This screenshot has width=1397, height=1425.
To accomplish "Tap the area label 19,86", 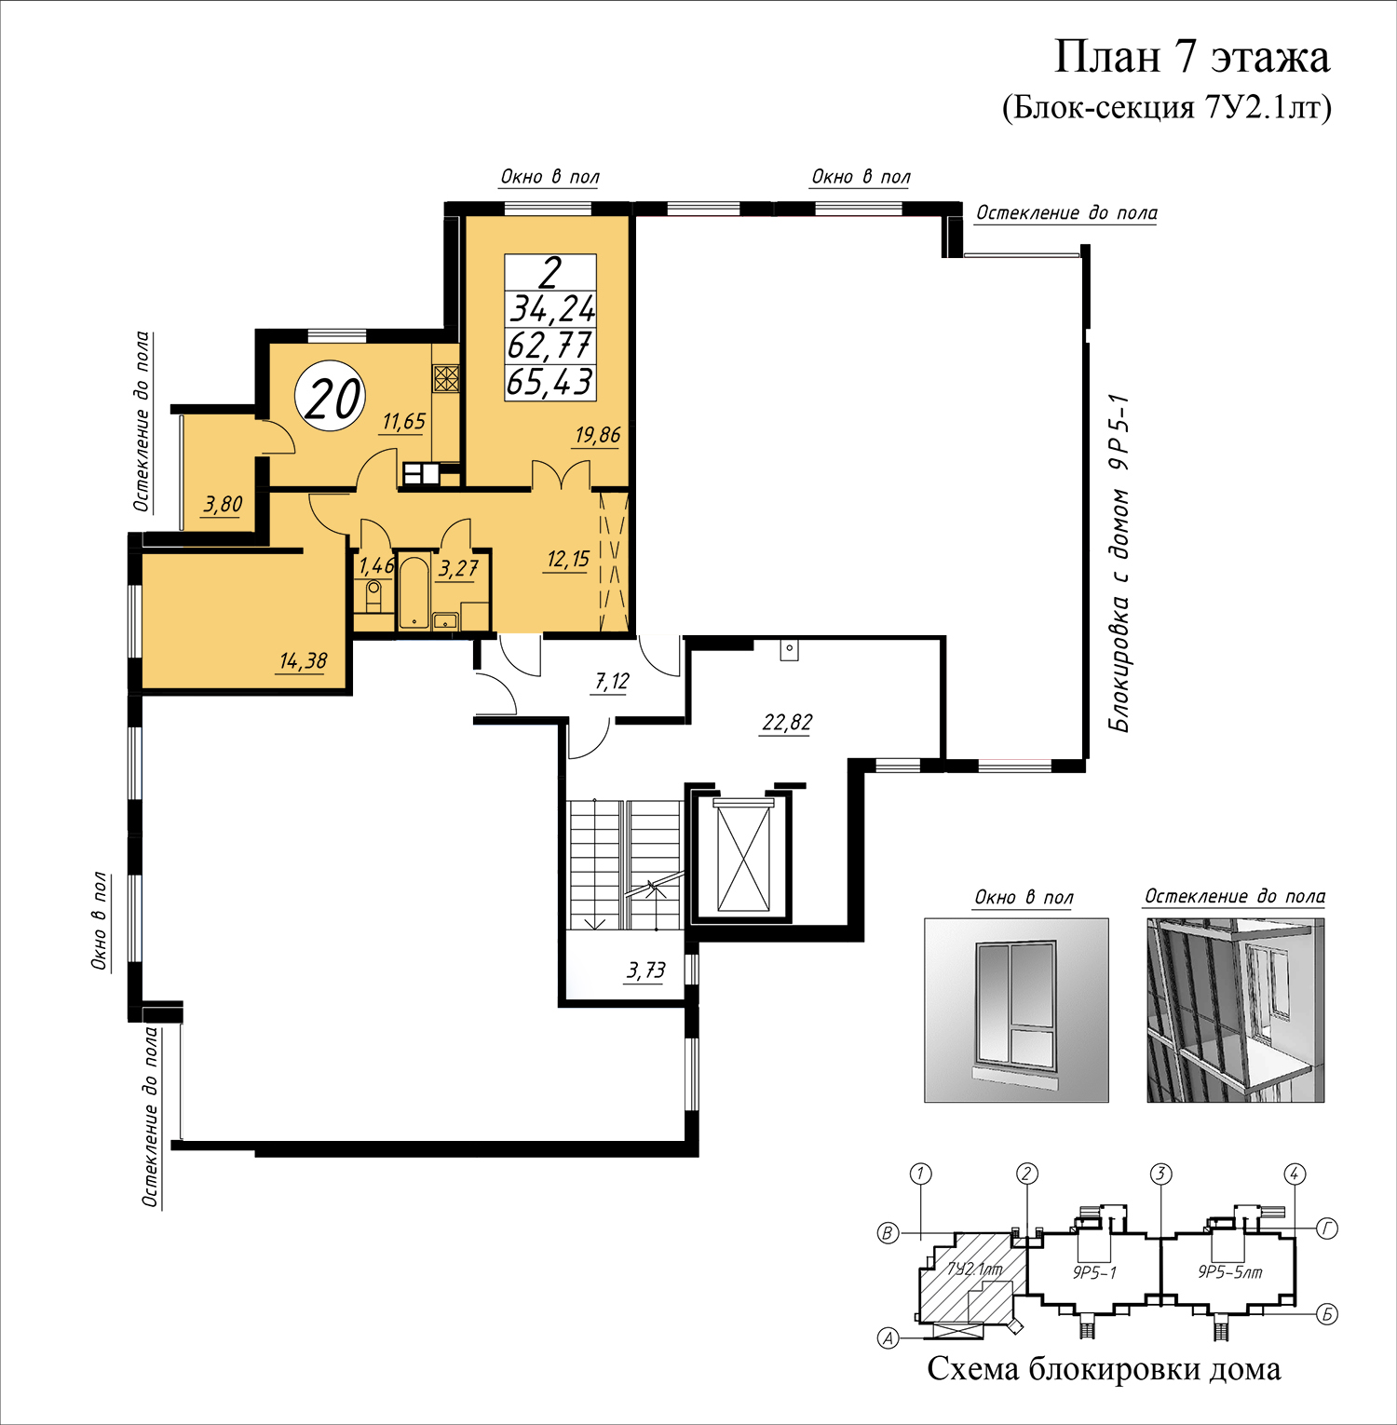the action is [x=597, y=435].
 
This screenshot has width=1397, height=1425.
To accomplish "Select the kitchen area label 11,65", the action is [x=403, y=422].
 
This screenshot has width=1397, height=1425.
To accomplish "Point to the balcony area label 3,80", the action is [x=223, y=505].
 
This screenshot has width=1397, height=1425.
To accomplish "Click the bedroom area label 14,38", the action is [x=303, y=661].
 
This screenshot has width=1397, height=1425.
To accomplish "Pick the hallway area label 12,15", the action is [x=568, y=560].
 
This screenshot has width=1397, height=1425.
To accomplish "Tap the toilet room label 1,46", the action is [x=376, y=566].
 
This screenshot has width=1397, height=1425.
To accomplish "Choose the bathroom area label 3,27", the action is [x=458, y=568].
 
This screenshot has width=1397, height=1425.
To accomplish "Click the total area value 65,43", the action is [x=549, y=382].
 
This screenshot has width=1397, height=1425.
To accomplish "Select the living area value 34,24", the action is [x=551, y=308].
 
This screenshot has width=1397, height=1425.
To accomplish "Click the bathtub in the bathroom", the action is [x=414, y=592].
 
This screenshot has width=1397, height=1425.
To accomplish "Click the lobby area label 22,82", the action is [x=787, y=723].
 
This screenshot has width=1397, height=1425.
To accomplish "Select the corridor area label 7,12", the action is [x=612, y=682].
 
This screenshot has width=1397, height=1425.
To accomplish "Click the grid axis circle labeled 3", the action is [x=1160, y=1174].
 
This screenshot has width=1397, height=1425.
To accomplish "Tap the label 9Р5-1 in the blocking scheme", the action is [x=1094, y=1272].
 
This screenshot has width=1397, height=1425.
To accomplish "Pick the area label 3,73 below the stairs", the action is [x=645, y=970].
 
